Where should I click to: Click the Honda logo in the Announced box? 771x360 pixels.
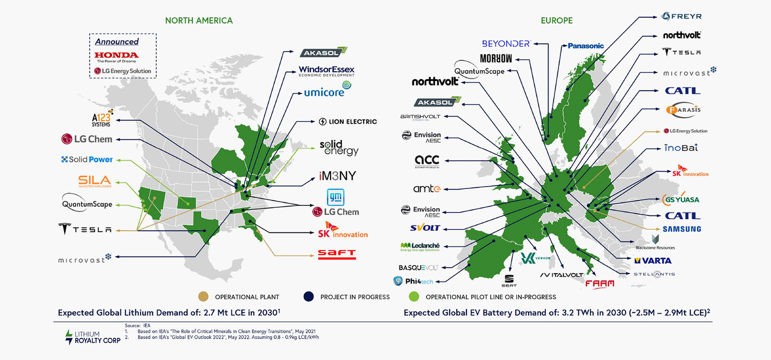[117, 56]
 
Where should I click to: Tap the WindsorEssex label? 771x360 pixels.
[326, 70]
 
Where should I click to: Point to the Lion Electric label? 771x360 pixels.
[348, 121]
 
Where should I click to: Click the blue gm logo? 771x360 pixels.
[335, 197]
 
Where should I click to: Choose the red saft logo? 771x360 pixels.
[337, 253]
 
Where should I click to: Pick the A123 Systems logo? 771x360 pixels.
[102, 118]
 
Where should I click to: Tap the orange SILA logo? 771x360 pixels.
[94, 181]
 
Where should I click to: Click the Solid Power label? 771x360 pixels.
[87, 160]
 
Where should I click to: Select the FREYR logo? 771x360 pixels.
[681, 16]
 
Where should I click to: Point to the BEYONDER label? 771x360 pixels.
[505, 44]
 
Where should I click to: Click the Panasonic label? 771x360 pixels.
[585, 46]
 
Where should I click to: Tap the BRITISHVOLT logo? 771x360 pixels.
[420, 117]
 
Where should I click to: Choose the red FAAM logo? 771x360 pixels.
[600, 284]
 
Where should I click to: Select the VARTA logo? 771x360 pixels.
[653, 261]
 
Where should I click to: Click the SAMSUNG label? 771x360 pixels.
[681, 229]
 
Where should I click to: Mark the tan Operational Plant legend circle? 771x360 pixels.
[203, 297]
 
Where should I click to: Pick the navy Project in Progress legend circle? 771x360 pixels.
[308, 297]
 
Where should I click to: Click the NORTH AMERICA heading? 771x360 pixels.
[199, 21]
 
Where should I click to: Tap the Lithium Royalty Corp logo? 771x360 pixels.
[93, 337]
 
